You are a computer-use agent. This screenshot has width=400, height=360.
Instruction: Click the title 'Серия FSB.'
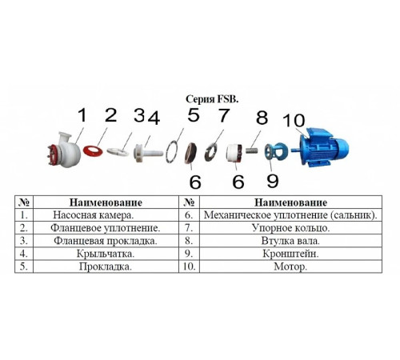(212, 99)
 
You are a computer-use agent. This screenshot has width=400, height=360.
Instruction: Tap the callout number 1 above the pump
(82, 115)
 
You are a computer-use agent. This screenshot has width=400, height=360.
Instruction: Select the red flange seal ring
(93, 150)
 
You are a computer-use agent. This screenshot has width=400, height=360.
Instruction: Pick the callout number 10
(294, 120)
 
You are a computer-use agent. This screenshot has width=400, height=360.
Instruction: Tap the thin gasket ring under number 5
(171, 152)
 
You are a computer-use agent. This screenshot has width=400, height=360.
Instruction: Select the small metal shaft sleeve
(252, 150)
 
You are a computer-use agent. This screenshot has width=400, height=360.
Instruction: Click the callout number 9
(273, 181)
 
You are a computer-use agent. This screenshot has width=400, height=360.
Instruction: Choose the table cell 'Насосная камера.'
(93, 215)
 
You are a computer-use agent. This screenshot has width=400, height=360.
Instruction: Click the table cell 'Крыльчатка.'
(106, 254)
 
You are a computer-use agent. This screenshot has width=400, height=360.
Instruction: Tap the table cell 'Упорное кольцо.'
(290, 228)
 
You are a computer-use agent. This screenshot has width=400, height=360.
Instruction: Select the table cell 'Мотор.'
(290, 266)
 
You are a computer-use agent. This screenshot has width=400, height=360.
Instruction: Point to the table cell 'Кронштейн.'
(290, 254)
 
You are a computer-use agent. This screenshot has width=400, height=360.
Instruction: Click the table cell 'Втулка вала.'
(290, 241)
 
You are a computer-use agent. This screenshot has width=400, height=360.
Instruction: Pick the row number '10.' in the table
(189, 266)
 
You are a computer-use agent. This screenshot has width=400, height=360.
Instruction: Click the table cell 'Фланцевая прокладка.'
(106, 241)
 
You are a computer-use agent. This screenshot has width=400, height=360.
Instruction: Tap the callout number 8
(262, 118)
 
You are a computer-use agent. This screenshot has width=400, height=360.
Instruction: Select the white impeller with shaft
(148, 153)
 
